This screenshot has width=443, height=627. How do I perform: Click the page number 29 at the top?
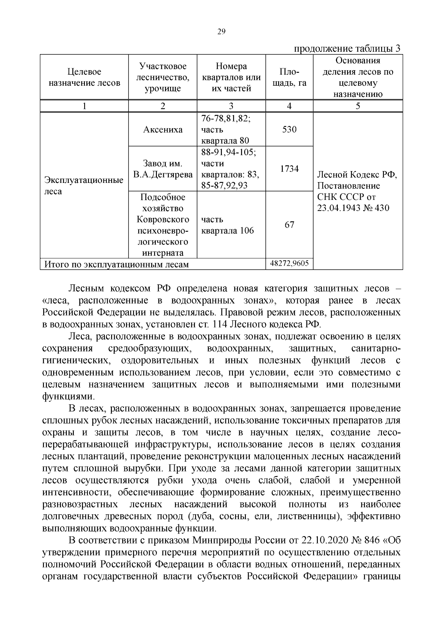(x=221, y=31)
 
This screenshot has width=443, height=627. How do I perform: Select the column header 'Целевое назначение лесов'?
(x=84, y=77)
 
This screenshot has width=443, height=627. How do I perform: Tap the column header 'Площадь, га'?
(x=289, y=77)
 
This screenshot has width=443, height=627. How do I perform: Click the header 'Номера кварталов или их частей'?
(x=231, y=77)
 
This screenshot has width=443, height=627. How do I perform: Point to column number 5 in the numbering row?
(x=357, y=106)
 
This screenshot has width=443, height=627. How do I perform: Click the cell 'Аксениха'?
(x=163, y=130)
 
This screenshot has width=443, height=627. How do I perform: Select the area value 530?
(x=289, y=130)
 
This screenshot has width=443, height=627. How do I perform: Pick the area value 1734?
(x=289, y=169)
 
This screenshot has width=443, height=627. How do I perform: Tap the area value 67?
(x=289, y=225)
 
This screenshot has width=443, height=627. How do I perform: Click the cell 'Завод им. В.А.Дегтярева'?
(x=163, y=169)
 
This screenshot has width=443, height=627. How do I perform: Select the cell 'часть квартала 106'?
(x=227, y=225)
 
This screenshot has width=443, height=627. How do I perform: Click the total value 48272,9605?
(x=289, y=264)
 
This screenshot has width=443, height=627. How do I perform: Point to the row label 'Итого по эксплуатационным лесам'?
(x=116, y=265)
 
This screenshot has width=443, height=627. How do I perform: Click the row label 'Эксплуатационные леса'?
(x=84, y=186)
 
